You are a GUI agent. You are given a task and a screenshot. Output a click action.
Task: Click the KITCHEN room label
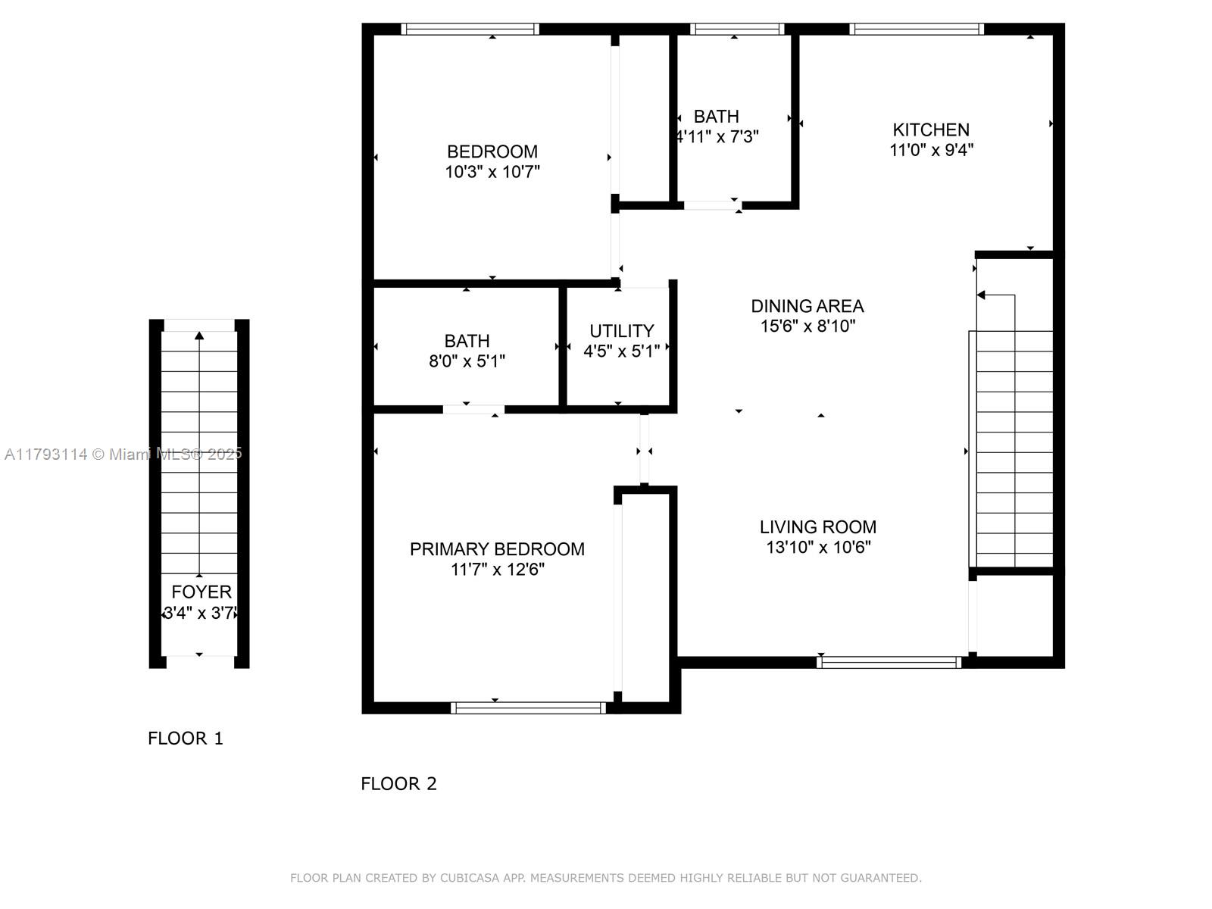930,130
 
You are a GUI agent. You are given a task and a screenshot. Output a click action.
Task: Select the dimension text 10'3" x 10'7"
492,172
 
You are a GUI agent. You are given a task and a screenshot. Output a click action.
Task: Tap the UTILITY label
622,330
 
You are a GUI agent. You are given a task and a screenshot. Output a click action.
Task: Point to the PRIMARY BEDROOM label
497,549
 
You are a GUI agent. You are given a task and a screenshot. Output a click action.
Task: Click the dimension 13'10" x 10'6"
818,547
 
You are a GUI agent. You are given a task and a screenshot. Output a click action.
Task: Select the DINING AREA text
807,306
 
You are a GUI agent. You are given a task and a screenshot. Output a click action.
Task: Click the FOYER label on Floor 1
201,592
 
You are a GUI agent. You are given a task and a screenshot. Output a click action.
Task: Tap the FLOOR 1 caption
186,739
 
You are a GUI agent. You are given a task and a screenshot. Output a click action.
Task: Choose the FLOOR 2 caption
398,784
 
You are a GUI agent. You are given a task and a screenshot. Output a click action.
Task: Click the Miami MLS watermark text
123,454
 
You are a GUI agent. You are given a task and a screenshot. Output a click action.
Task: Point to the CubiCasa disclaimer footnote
606,878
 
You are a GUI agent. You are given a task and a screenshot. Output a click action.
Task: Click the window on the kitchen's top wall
916,30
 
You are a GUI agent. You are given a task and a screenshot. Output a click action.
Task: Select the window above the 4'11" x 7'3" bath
737,30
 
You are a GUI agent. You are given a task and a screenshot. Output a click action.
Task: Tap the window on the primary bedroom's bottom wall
529,708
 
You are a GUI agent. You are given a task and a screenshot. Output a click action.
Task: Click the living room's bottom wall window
889,662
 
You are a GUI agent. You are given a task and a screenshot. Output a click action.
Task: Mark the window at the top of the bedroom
470,30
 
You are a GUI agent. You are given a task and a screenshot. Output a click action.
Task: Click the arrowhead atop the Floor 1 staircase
199,336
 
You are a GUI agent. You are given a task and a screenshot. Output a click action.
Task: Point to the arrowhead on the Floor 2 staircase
981,295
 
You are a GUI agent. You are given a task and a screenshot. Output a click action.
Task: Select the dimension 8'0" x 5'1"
467,361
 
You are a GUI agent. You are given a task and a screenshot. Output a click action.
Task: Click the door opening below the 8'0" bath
473,410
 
